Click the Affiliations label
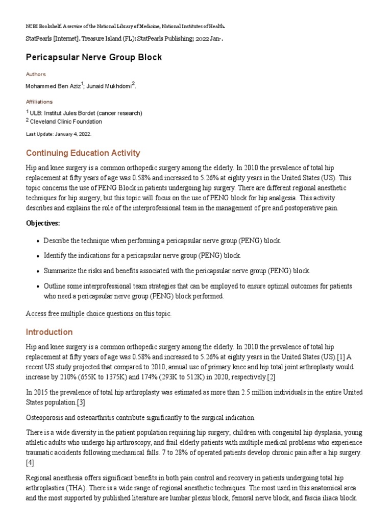39,102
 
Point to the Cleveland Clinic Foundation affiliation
66,122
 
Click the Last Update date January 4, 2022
58,134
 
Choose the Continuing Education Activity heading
83,153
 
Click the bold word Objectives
43,223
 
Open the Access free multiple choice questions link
99,314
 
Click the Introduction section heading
49,332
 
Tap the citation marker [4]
30,463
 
